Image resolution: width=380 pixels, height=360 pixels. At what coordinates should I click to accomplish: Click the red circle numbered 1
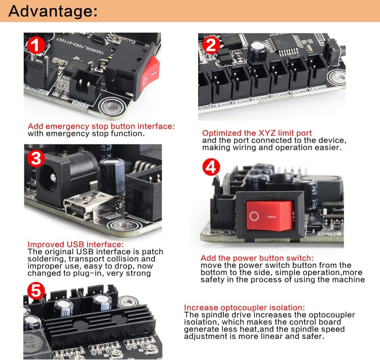[36, 45]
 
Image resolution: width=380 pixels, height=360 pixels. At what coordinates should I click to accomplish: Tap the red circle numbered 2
[211, 45]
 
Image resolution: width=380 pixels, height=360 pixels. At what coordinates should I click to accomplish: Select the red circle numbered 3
[36, 158]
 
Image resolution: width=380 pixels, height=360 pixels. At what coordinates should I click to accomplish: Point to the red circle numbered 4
[211, 167]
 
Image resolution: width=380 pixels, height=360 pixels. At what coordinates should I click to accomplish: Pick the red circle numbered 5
[36, 291]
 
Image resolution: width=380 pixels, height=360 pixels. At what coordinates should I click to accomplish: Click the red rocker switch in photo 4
[270, 215]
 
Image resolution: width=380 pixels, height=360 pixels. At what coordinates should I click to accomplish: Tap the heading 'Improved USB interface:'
[75, 244]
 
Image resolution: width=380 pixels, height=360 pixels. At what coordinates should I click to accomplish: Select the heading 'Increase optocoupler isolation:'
[244, 307]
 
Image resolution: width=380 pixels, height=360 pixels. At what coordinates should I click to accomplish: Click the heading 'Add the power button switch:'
[257, 258]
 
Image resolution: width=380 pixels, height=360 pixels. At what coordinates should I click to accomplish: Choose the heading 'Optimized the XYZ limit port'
[257, 133]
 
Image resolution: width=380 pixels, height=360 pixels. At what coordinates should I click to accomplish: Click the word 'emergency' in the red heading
[67, 127]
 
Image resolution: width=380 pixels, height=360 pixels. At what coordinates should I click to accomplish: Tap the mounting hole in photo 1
[112, 106]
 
